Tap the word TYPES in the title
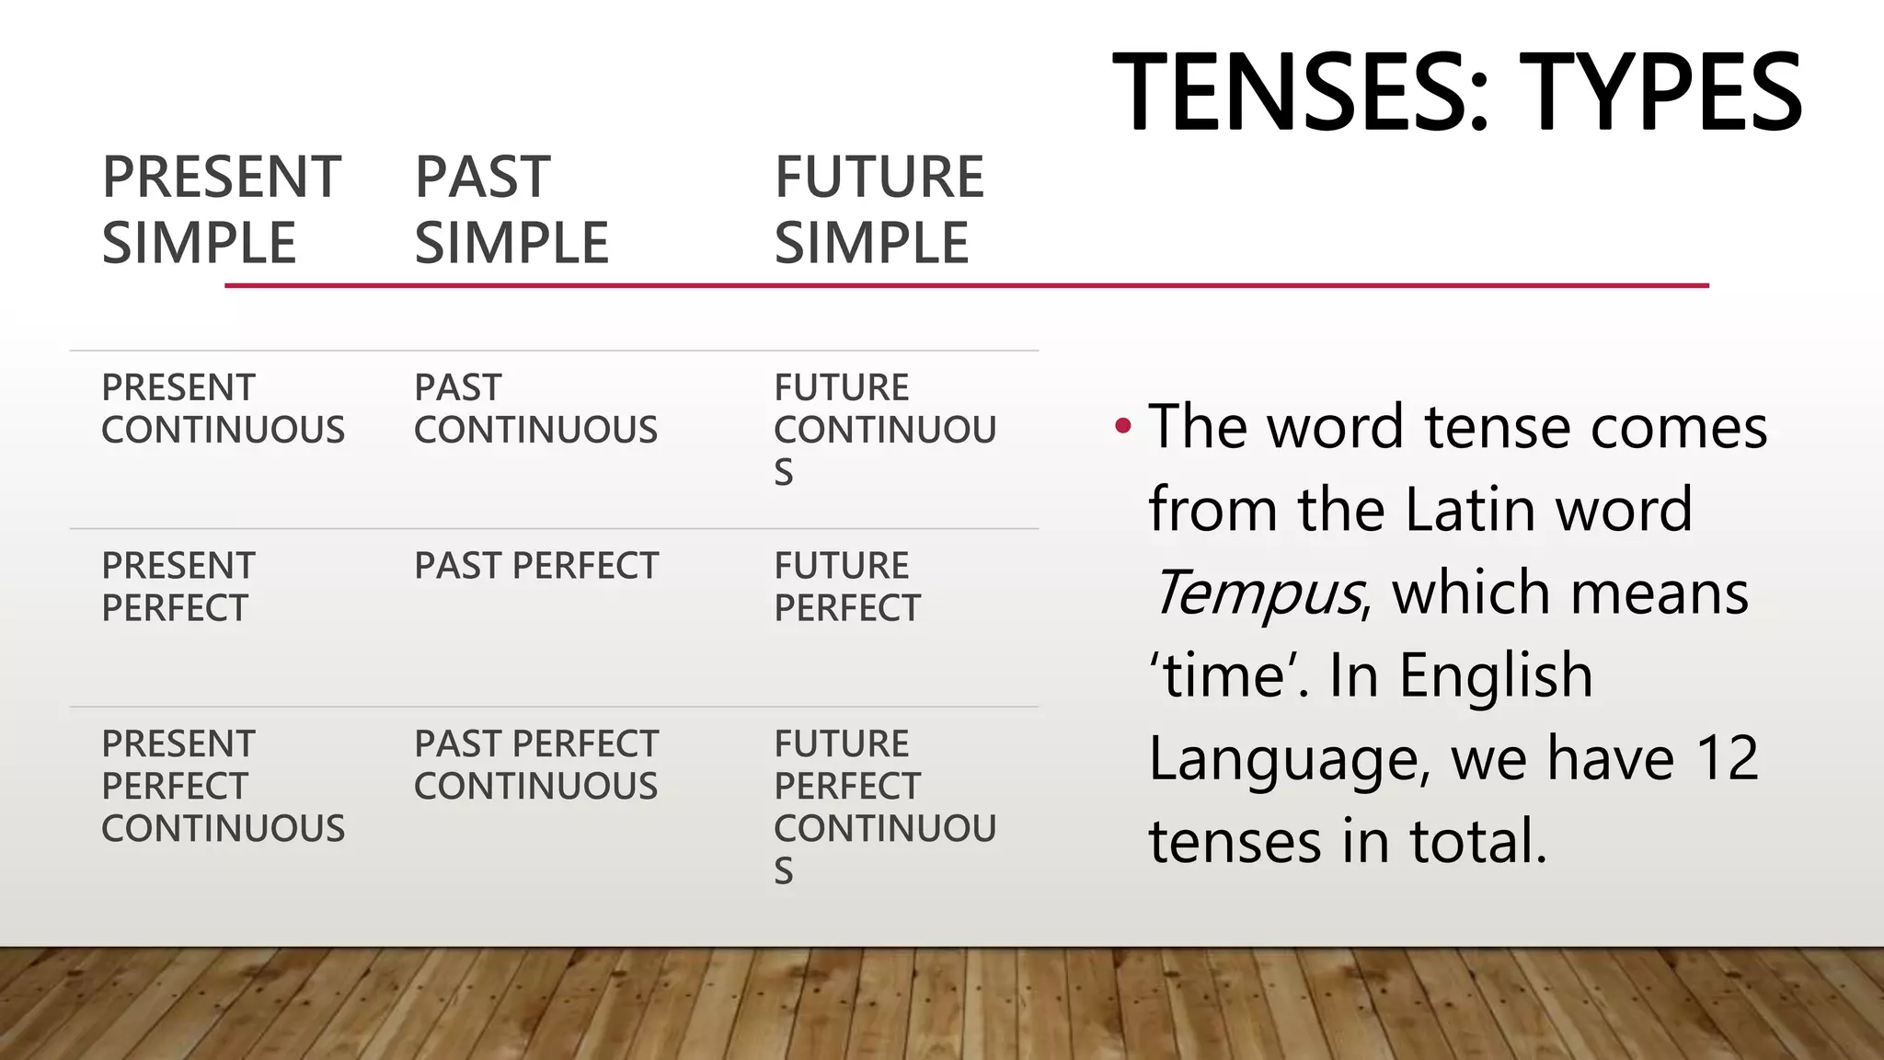coord(1661,93)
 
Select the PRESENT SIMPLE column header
coord(221,210)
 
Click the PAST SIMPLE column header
coord(511,210)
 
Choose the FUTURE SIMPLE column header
coord(879,210)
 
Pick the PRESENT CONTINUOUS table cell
coord(223,409)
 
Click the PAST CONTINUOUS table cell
coord(535,409)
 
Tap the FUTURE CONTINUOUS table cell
coord(884,429)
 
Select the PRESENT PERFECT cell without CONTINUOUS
coord(178,587)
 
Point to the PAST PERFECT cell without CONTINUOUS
coord(536,566)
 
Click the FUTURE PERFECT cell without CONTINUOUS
coord(846,587)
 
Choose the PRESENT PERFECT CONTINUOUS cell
coord(223,786)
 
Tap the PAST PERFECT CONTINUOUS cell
coord(535,765)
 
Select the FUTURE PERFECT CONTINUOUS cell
coord(884,806)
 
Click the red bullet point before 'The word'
coord(1122,426)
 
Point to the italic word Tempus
coord(1257,593)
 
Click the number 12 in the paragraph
coord(1727,758)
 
